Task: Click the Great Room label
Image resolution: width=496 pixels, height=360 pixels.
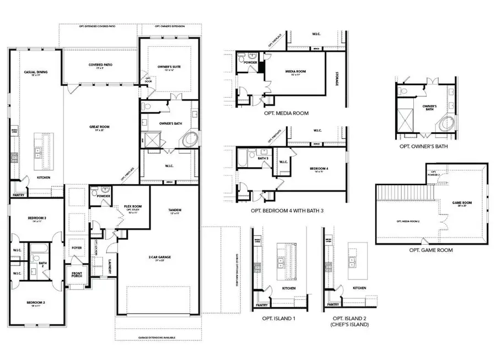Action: pyautogui.click(x=100, y=127)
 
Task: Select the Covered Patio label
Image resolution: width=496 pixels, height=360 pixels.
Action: pyautogui.click(x=100, y=65)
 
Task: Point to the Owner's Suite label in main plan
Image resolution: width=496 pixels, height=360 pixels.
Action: pyautogui.click(x=168, y=67)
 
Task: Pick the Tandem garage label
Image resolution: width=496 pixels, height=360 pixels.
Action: pyautogui.click(x=175, y=209)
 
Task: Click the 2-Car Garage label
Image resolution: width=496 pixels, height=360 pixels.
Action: pyautogui.click(x=158, y=257)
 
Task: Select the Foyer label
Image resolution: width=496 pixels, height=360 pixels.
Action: pyautogui.click(x=77, y=248)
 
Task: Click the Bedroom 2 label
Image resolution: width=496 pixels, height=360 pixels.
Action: pyautogui.click(x=36, y=303)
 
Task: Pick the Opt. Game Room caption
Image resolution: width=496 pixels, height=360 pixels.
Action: pyautogui.click(x=431, y=250)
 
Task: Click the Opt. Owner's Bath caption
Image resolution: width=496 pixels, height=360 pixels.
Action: pyautogui.click(x=423, y=147)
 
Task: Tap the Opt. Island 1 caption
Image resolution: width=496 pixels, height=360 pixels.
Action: pyautogui.click(x=276, y=319)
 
